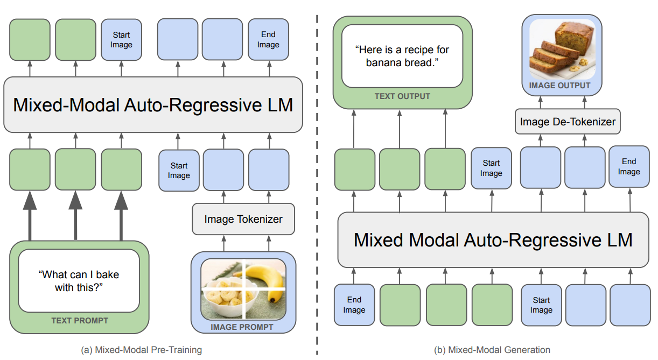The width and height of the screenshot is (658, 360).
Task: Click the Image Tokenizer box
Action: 243,219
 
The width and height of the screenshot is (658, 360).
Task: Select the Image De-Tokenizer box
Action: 568,122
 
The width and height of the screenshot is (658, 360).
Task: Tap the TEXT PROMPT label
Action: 80,320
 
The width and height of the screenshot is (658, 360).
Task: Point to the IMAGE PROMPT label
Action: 242,327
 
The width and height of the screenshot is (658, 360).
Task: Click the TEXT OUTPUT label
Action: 402,96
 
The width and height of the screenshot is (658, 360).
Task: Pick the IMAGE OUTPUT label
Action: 559,86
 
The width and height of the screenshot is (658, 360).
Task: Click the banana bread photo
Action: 562,50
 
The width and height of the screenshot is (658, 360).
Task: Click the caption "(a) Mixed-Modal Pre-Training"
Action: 142,350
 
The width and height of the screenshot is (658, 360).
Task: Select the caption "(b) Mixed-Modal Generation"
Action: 492,350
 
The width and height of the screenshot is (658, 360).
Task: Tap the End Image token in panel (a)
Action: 269,40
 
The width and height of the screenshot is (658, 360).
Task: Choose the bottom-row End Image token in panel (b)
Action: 354,305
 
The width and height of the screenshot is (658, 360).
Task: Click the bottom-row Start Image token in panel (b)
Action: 541,305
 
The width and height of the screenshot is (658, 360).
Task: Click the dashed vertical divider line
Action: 317,185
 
